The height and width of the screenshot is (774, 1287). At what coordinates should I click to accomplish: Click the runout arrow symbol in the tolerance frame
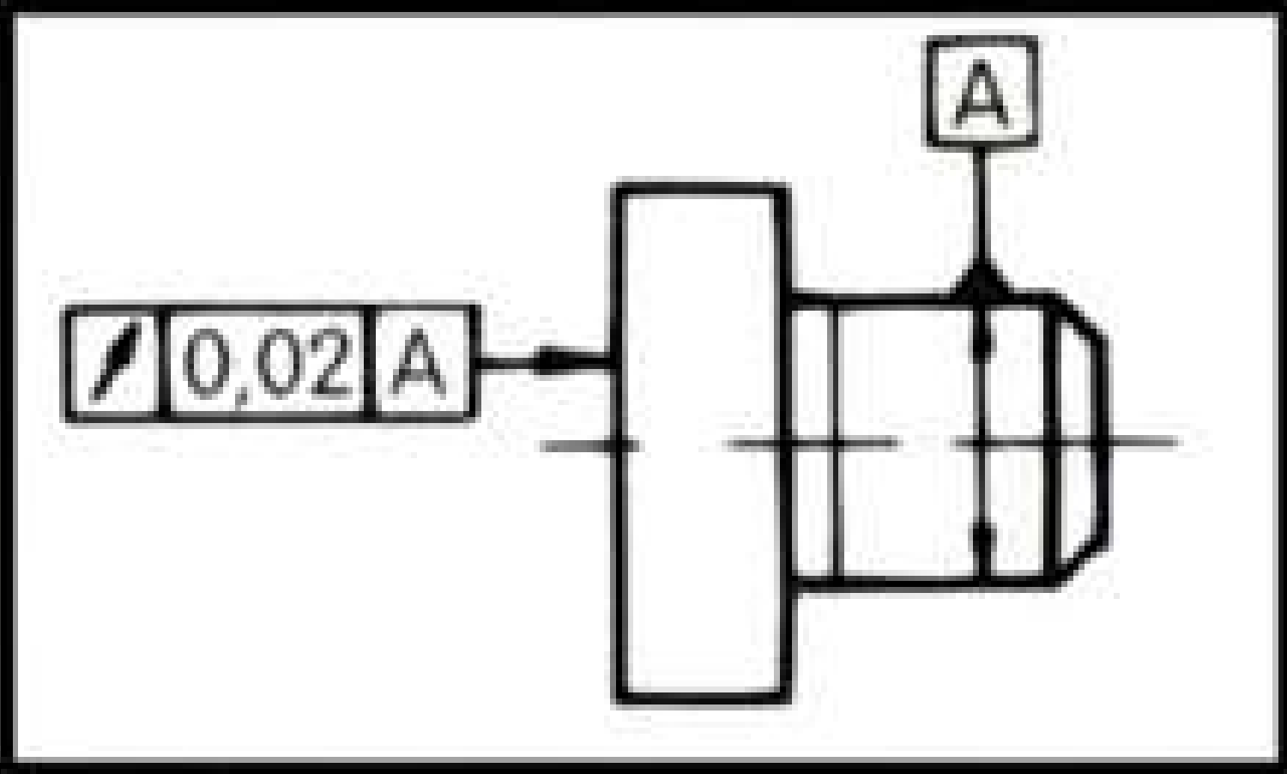(114, 362)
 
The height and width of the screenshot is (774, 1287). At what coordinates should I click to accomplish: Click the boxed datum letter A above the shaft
(982, 92)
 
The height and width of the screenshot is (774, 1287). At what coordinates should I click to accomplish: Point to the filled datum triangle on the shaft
(982, 281)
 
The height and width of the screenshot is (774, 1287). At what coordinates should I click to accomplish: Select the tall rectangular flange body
(700, 444)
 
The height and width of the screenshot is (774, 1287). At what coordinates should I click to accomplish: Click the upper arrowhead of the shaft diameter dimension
(982, 338)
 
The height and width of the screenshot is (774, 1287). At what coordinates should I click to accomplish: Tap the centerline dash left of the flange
(585, 444)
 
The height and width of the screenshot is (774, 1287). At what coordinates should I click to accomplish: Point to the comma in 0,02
(239, 396)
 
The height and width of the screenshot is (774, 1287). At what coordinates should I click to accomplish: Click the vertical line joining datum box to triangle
(982, 204)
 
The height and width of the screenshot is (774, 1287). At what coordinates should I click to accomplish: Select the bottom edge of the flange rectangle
(701, 697)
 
